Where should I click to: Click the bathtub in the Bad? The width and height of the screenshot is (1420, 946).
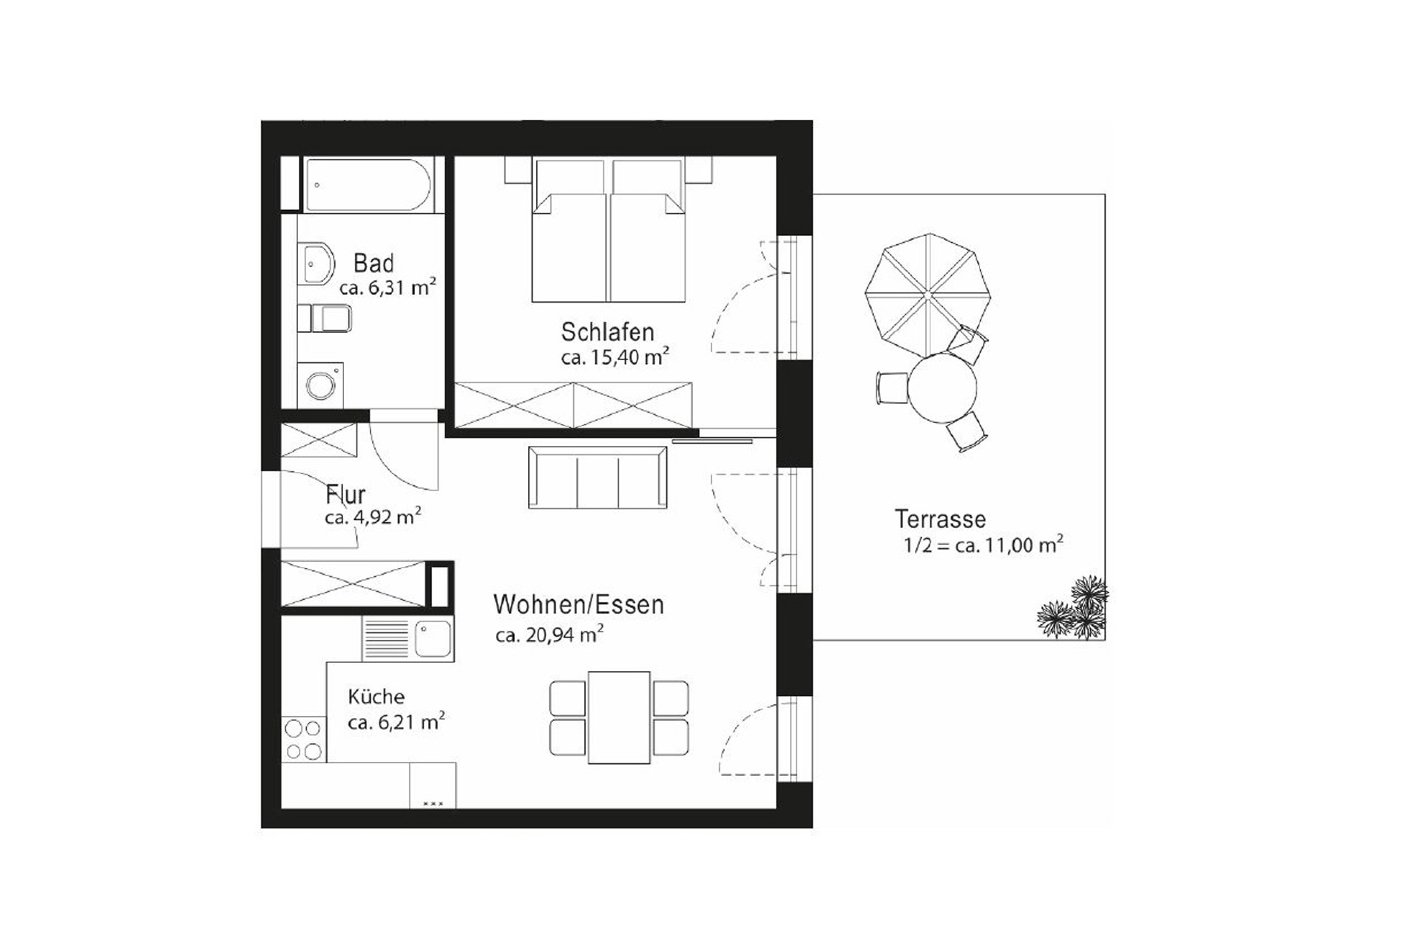tap(367, 185)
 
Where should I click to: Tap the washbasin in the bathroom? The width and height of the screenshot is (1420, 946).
tap(316, 265)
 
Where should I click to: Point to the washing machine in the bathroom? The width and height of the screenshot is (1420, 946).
tap(320, 385)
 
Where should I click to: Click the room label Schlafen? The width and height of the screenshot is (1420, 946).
tap(607, 332)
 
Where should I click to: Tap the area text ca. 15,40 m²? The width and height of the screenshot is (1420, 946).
tap(615, 357)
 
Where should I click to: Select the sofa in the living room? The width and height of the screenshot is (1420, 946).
tap(598, 478)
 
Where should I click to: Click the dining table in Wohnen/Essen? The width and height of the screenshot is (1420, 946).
tap(619, 717)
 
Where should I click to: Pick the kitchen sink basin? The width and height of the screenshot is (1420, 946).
tap(433, 638)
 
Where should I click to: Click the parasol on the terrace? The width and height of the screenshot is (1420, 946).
tap(927, 294)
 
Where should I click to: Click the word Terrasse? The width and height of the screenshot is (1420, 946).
tap(940, 519)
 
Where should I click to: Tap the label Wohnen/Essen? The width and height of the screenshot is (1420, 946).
tap(578, 605)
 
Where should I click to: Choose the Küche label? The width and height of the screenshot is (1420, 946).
tap(376, 697)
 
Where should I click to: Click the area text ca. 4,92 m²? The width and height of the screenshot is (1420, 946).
tap(373, 517)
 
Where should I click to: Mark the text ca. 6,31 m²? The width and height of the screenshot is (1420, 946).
tap(388, 287)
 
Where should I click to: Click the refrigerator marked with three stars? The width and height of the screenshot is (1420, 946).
tap(433, 786)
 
